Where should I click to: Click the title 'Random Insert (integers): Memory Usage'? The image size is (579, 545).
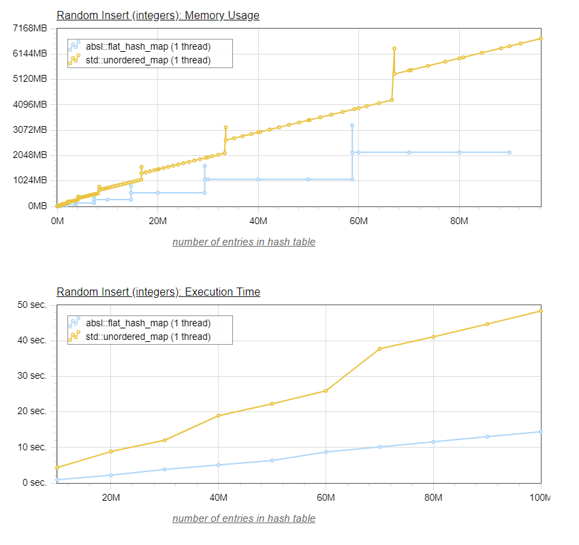(x=158, y=15)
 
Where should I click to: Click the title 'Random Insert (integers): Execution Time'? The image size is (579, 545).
(x=158, y=292)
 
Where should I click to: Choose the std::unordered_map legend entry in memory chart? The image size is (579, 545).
(x=148, y=61)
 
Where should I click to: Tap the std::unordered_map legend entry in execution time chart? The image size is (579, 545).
(x=148, y=337)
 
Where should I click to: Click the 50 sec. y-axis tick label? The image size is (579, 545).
(x=32, y=305)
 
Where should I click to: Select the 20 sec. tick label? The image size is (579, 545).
(x=32, y=411)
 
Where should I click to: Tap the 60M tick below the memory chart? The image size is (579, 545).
(x=358, y=221)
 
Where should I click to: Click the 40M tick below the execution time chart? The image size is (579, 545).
(x=218, y=497)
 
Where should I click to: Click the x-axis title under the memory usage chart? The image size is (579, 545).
(x=244, y=242)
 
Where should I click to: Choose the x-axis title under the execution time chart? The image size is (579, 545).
(x=244, y=518)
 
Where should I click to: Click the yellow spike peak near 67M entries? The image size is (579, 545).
(x=394, y=48)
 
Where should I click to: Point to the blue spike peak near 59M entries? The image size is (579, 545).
(x=352, y=125)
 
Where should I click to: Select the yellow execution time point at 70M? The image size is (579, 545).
(x=379, y=349)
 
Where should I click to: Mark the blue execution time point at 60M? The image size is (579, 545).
(x=326, y=452)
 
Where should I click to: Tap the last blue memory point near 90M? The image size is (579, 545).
(x=510, y=152)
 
